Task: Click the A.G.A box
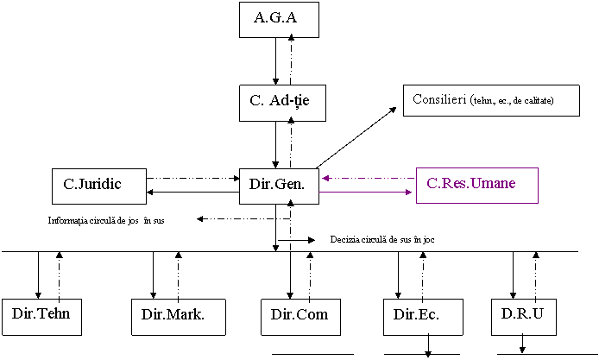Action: pos(278,20)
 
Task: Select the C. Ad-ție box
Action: pos(279,102)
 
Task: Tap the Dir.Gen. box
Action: pos(278,185)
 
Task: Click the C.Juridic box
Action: pos(98,185)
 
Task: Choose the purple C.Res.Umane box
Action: pos(476,185)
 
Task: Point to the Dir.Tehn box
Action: pos(41,316)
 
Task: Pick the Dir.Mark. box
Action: pos(178,316)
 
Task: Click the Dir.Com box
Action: pos(299,316)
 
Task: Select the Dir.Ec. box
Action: pos(423,316)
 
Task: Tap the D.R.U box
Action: pos(523,316)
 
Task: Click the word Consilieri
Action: pos(439,100)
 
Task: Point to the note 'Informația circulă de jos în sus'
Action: pos(114,220)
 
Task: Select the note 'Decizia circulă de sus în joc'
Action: pos(396,239)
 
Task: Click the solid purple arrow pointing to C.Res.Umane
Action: pos(367,193)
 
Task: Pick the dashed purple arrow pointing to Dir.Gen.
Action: pos(367,179)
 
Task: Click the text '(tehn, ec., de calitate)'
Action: pos(512,102)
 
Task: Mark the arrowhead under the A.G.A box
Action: pos(292,37)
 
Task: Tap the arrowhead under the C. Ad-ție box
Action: pos(292,119)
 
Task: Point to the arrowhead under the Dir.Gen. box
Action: pos(291,202)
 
